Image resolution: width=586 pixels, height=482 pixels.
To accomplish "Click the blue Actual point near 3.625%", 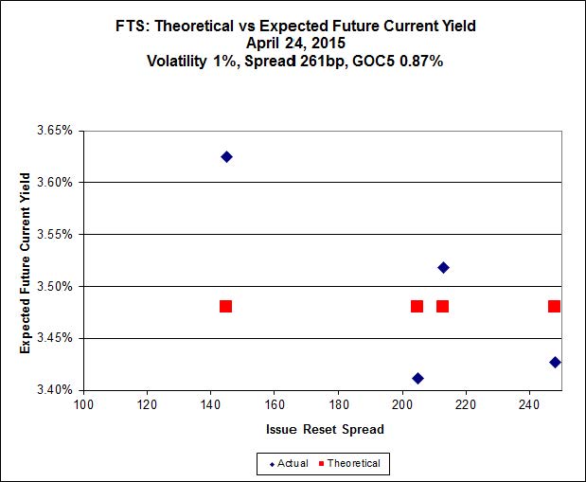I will point(226,156).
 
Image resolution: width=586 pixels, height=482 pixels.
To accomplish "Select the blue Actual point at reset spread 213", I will point(443,267).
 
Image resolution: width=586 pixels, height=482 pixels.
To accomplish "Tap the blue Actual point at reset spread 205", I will point(417,378).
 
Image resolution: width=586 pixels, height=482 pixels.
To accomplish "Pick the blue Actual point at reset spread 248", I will point(555,362).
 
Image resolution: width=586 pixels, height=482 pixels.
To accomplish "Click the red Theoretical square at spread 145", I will point(225,306).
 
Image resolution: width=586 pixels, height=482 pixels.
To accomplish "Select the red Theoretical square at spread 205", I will point(417,306).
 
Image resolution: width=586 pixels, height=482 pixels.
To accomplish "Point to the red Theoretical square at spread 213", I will point(442,306).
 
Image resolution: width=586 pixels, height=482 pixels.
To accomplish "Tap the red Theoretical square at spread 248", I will point(554,306).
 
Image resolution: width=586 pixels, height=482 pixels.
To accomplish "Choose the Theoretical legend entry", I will point(349,463).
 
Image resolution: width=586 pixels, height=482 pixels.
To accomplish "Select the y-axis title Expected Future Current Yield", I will point(26,260).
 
